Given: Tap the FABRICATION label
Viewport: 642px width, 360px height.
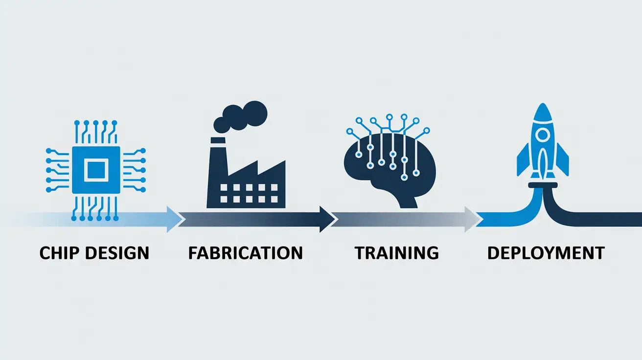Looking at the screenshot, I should (x=245, y=253).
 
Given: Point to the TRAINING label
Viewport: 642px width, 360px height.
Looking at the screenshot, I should (x=396, y=253).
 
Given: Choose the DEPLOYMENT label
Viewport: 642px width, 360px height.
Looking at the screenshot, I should (x=546, y=253).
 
